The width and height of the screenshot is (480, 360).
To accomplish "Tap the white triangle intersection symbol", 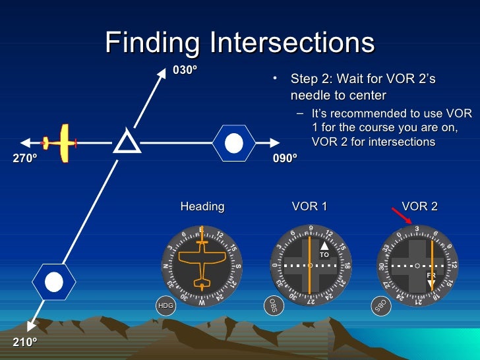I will (x=127, y=141).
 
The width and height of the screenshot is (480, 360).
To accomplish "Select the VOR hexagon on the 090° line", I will (x=233, y=142).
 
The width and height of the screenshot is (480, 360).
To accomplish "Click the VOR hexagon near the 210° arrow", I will (x=53, y=282).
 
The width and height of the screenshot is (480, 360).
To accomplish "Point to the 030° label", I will (x=185, y=69).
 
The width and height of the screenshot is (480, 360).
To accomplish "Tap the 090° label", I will (x=285, y=159).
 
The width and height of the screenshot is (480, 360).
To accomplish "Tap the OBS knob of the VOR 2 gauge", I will (x=379, y=305).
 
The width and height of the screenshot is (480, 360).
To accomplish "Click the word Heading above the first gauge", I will (x=202, y=206).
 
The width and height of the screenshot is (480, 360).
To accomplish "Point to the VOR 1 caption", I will (x=309, y=206).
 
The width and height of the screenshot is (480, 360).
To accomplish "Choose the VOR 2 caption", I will (x=419, y=206).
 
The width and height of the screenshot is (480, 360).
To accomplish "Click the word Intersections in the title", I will (x=292, y=43).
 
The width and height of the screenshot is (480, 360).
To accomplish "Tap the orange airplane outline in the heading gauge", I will (x=202, y=265).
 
